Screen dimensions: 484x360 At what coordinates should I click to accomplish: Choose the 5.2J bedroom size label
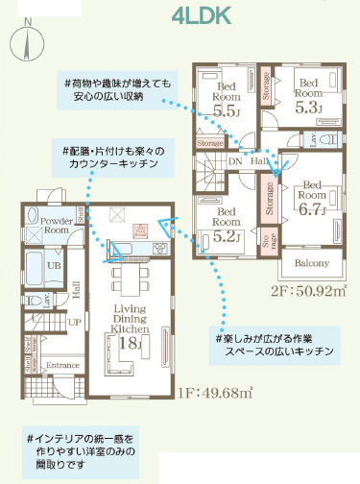coord(226,233)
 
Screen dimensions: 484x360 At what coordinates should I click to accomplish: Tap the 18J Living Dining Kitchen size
coord(130,343)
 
